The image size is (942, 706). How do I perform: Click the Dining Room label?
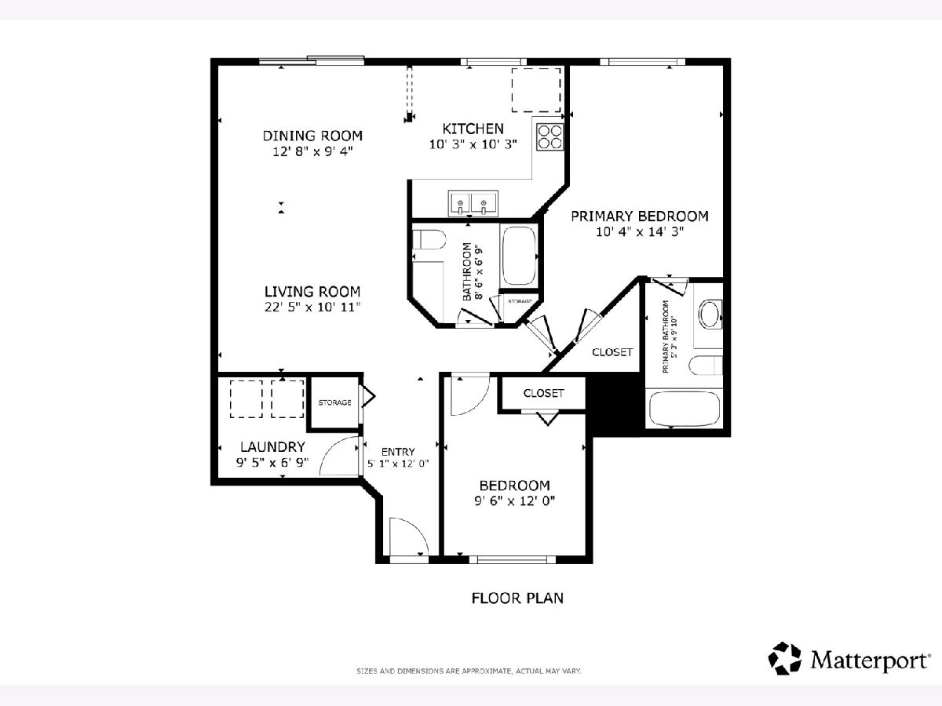312,136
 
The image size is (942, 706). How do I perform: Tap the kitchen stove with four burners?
549,136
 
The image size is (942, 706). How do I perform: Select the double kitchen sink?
473,203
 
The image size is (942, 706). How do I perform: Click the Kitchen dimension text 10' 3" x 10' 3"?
473,144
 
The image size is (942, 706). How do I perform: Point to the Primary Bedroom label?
640,216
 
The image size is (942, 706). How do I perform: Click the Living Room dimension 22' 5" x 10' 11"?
312,308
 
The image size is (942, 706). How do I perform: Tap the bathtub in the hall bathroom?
519,256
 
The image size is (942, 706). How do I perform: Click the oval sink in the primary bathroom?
710,315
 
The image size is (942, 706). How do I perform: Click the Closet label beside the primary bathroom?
612,352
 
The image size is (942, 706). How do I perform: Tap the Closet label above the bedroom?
543,393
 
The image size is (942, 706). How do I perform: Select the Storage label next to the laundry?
334,402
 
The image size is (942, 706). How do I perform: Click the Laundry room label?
272,447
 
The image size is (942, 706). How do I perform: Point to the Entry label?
398,452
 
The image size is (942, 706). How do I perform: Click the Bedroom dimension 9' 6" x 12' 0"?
514,501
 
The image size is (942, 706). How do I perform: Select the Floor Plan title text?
517,599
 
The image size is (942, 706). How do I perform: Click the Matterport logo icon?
784,658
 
